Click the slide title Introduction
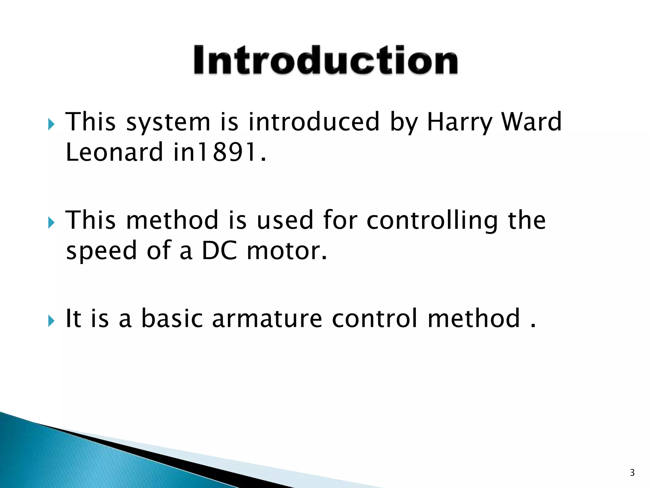click(x=325, y=60)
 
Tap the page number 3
click(x=632, y=472)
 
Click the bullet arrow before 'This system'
click(x=51, y=124)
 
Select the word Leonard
click(x=114, y=152)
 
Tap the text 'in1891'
click(x=219, y=152)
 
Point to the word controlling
click(x=432, y=221)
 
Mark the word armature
click(x=267, y=318)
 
